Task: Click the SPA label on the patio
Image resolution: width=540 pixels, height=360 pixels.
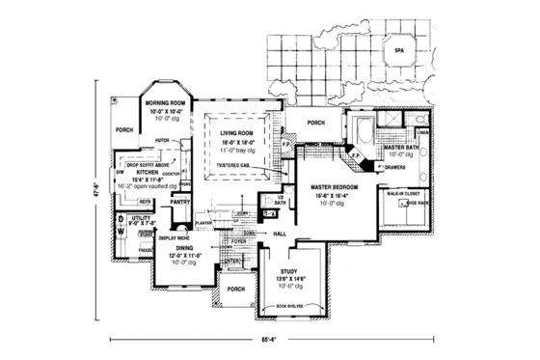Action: tap(397, 47)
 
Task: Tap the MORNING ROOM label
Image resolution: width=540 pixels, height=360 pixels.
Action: tap(164, 101)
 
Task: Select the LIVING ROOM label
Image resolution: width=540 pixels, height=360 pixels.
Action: tap(237, 133)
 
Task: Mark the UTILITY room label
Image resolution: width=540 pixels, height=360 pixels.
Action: tap(142, 219)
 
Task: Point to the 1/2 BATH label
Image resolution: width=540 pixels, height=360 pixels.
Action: tap(281, 199)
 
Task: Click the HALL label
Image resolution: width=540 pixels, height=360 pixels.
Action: tap(279, 234)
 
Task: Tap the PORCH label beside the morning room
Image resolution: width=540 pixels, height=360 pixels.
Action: tap(122, 129)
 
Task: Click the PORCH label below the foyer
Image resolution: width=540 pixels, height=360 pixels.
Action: tap(232, 288)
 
